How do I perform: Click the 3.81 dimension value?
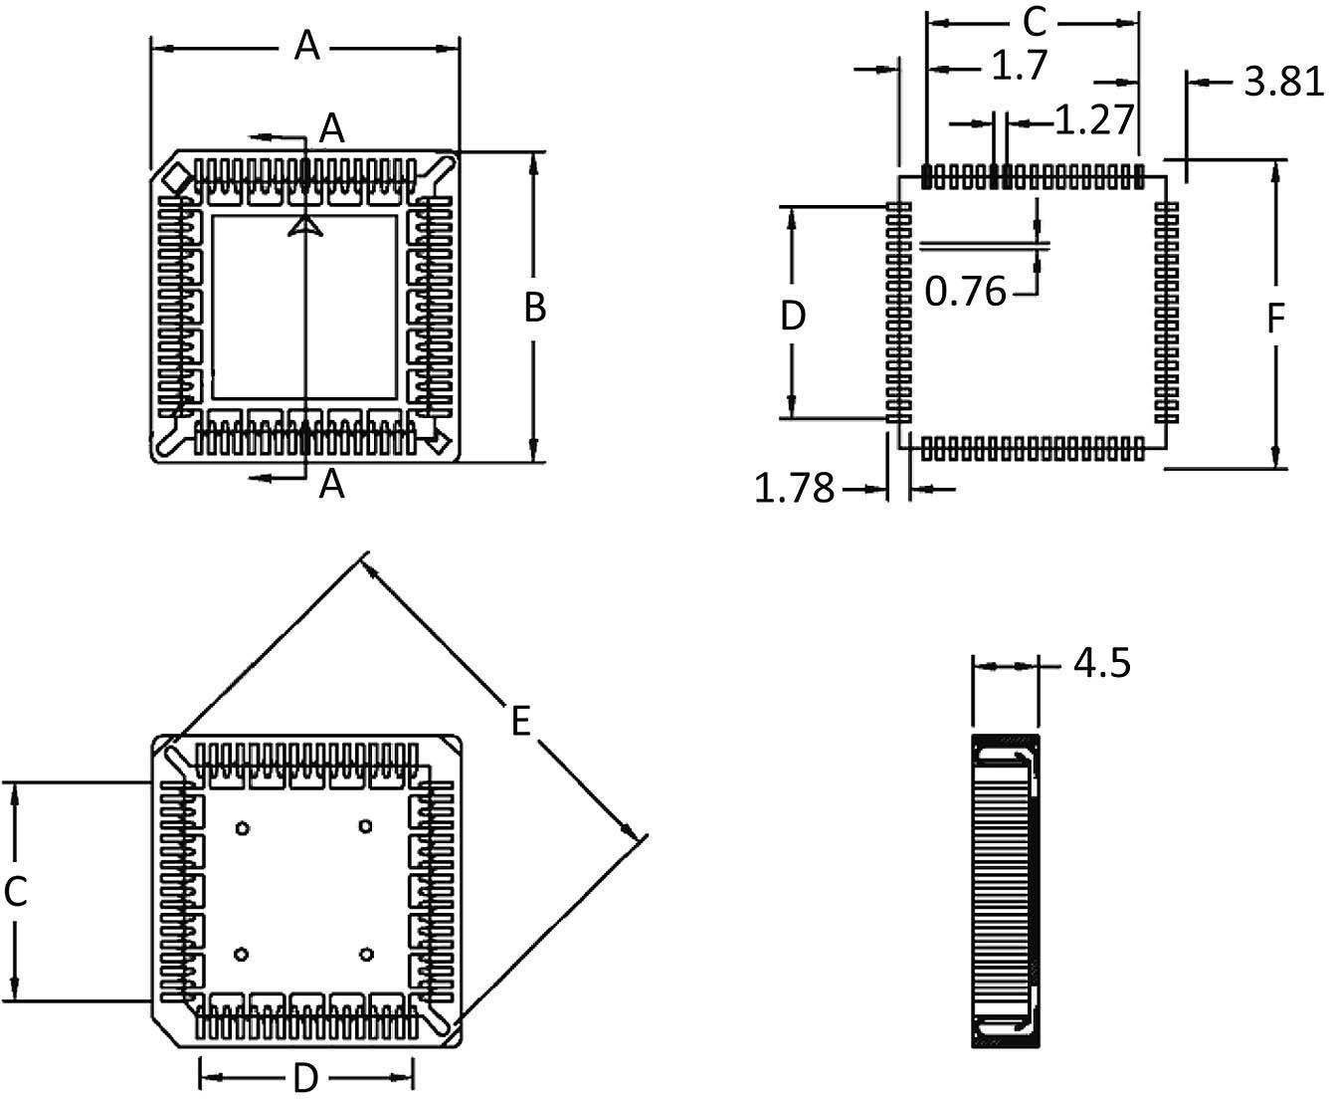(1284, 83)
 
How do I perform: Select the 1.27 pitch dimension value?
(1093, 120)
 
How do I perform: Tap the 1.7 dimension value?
(1020, 67)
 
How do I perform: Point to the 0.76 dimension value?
(965, 293)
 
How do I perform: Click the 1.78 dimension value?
(794, 489)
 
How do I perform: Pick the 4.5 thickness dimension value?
(1101, 663)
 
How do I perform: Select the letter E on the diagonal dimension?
(520, 722)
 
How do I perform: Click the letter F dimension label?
(1275, 319)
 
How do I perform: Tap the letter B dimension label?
(534, 309)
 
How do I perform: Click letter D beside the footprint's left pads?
(792, 317)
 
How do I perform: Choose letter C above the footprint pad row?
(1035, 20)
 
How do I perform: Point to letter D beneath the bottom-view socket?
(305, 1077)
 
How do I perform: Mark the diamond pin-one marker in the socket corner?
(177, 179)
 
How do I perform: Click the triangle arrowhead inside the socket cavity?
(305, 228)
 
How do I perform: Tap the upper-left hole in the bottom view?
(241, 827)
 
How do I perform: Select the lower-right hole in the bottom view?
(366, 955)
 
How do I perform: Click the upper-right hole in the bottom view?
(366, 827)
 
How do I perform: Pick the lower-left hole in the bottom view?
(241, 955)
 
